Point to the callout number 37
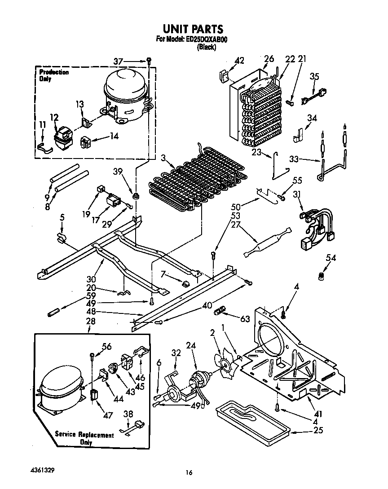[118, 62]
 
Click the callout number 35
[314, 76]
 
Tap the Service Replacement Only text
[84, 438]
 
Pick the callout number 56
[106, 346]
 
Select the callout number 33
[294, 159]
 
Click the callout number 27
[236, 225]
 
